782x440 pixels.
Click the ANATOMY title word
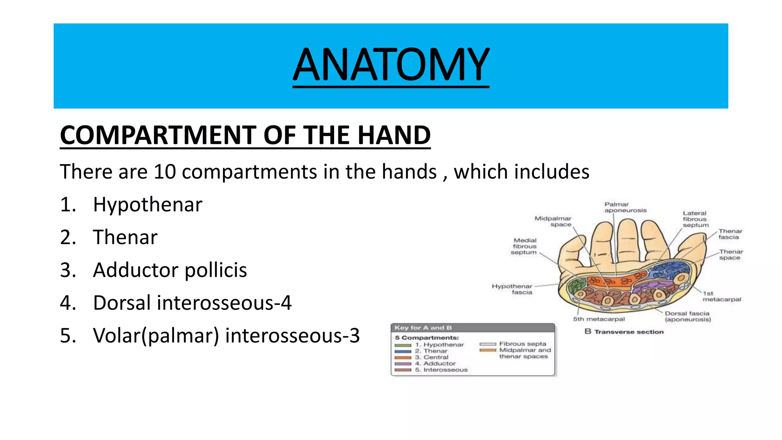pyautogui.click(x=391, y=64)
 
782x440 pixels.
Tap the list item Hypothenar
pyautogui.click(x=147, y=204)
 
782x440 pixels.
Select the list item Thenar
pyautogui.click(x=125, y=237)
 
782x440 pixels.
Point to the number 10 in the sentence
pyautogui.click(x=165, y=171)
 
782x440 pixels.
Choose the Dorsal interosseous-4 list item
pyautogui.click(x=192, y=303)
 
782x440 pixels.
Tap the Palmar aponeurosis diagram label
pyautogui.click(x=625, y=207)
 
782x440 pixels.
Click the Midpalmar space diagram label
pyautogui.click(x=553, y=221)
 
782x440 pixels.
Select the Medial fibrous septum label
pyautogui.click(x=525, y=246)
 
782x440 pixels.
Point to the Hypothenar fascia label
pyautogui.click(x=512, y=289)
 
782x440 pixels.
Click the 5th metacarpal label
pyautogui.click(x=598, y=319)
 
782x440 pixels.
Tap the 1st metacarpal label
pyautogui.click(x=721, y=296)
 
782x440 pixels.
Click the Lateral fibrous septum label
pyautogui.click(x=695, y=219)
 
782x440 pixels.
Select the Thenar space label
pyautogui.click(x=731, y=255)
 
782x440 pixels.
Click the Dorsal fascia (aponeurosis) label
pyautogui.click(x=687, y=316)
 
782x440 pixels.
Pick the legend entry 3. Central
pyautogui.click(x=435, y=357)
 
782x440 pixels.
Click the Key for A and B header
pyautogui.click(x=423, y=328)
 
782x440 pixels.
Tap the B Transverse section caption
pyautogui.click(x=624, y=332)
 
